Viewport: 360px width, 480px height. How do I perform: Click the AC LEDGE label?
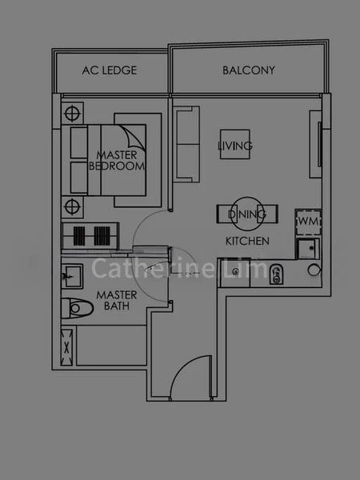point(110,70)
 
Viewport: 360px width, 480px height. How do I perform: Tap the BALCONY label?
point(248,70)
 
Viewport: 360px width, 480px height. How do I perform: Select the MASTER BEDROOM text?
point(120,160)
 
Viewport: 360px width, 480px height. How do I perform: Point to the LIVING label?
point(235,146)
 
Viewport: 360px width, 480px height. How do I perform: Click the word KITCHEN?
point(246,240)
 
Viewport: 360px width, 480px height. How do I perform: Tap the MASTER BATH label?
point(117,300)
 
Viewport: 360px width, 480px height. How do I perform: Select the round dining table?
point(246,214)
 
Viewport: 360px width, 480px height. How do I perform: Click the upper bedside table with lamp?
point(72,112)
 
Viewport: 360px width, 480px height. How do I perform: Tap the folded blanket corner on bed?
point(132,135)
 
